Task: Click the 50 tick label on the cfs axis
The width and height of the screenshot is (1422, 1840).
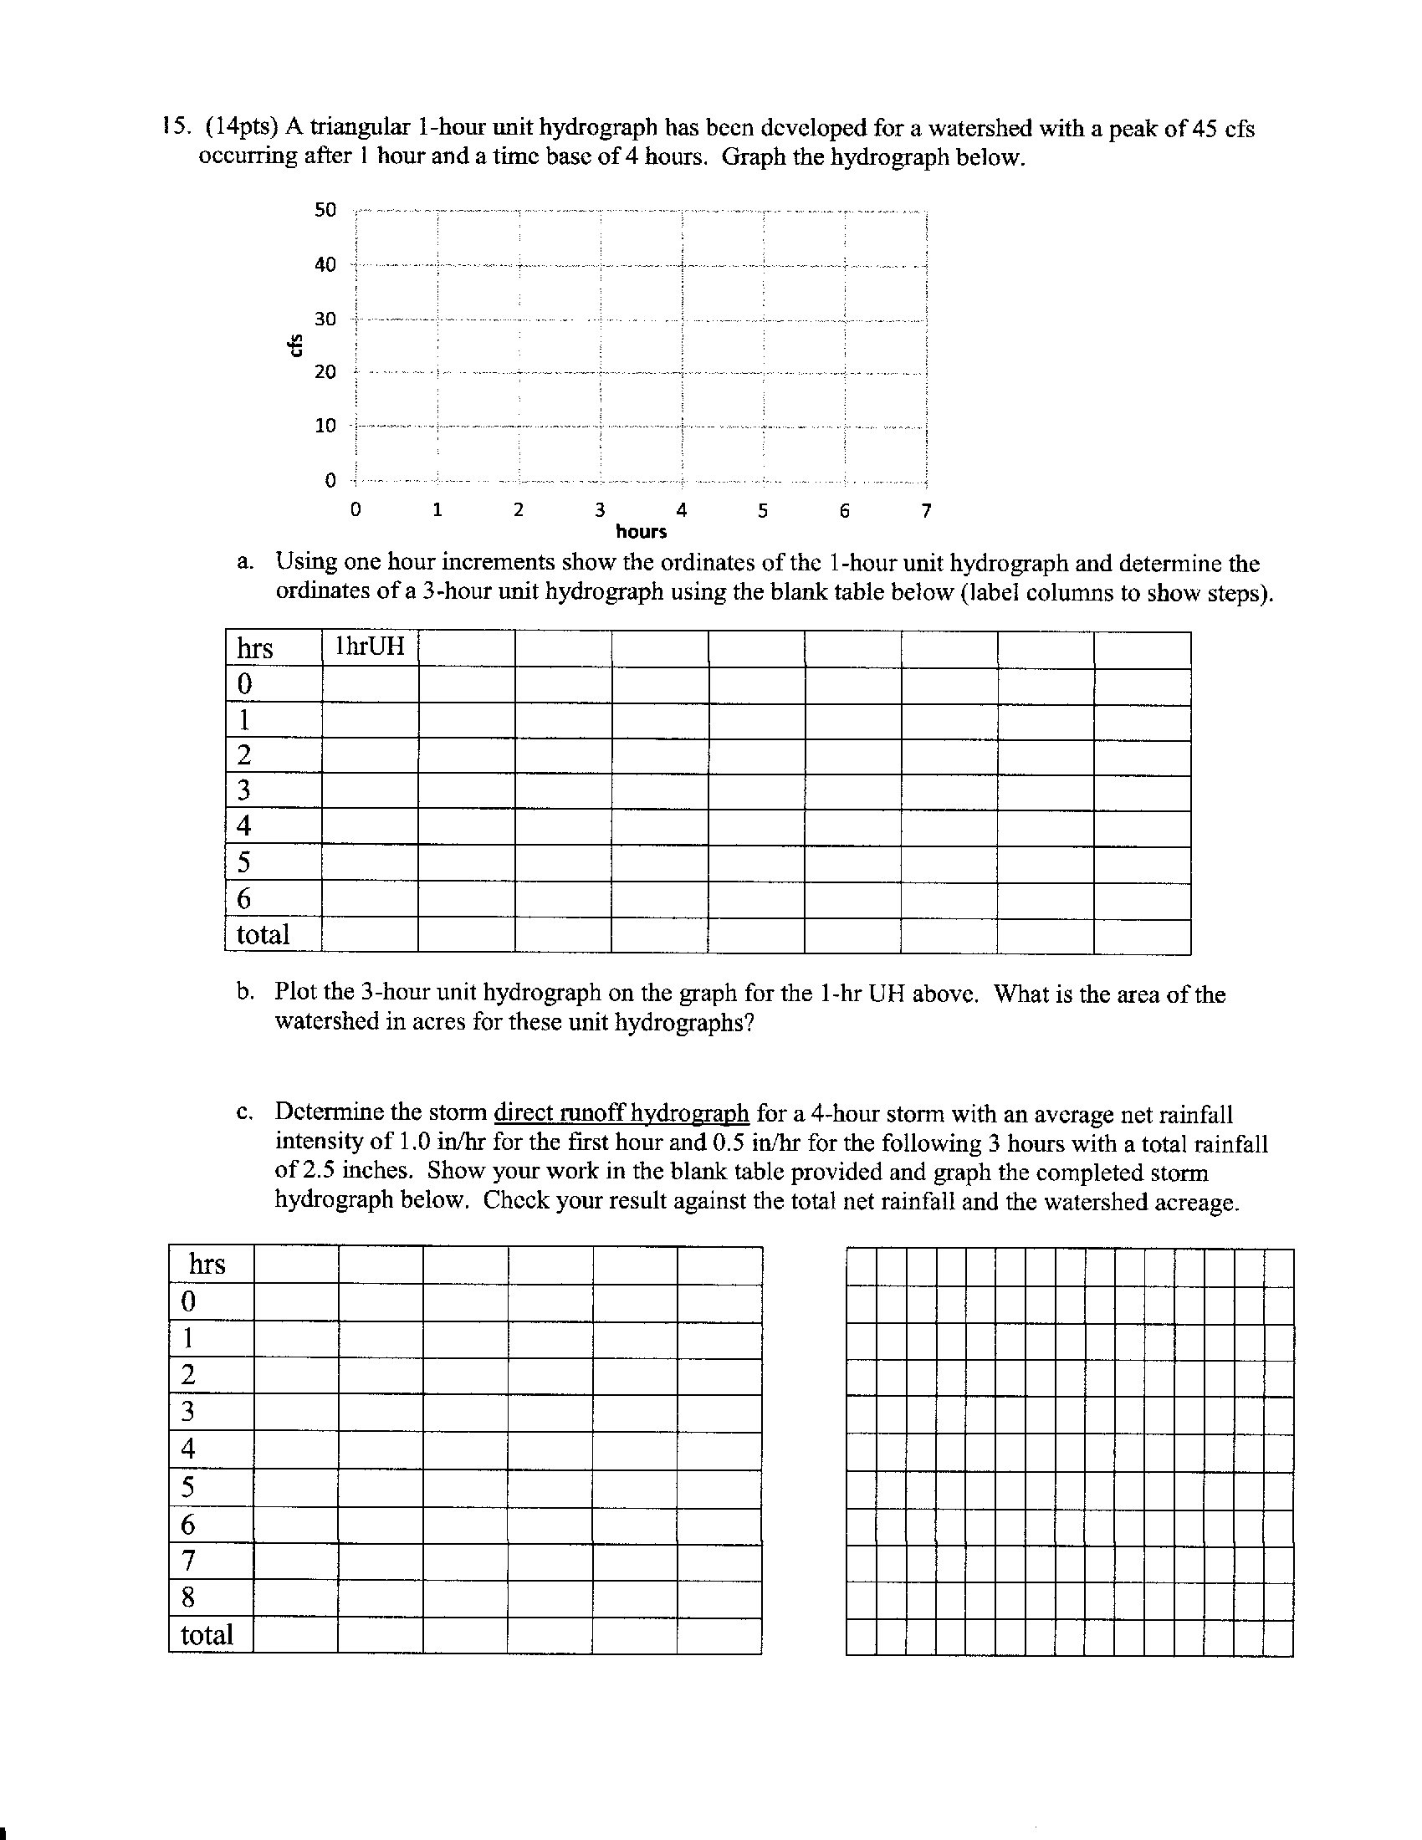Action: coord(325,210)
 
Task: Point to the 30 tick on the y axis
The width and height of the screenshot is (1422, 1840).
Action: coord(325,319)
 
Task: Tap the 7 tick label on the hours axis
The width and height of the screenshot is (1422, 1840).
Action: coord(926,510)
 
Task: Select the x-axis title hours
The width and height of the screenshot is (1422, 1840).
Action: coord(641,532)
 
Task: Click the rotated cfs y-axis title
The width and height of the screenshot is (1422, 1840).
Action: coord(294,345)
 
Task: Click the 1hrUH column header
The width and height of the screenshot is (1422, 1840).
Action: coord(370,647)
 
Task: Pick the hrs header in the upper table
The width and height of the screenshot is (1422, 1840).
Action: coord(254,649)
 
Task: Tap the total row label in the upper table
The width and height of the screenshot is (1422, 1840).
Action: coord(263,934)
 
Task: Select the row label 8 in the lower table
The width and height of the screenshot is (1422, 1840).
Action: coord(188,1597)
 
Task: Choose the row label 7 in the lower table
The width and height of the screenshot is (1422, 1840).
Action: coord(188,1561)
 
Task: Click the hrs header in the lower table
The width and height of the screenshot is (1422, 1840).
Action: coord(207,1265)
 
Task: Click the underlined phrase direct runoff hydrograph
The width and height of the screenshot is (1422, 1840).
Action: coord(621,1114)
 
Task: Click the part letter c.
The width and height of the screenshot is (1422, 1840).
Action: coord(244,1114)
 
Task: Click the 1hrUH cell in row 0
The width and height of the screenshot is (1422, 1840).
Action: coord(370,684)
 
